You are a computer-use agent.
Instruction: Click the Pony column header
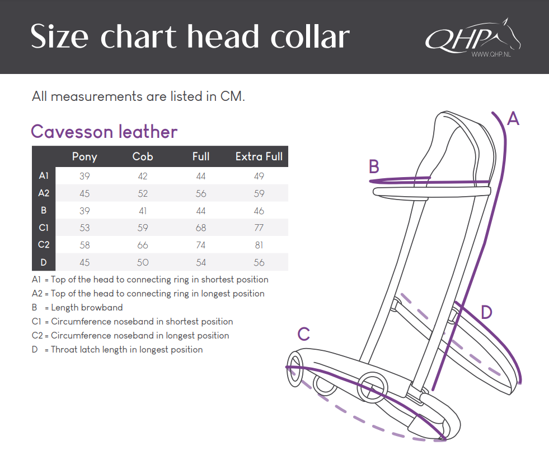pos(85,157)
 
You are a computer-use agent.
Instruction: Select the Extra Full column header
pos(259,156)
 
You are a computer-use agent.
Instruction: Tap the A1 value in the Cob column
pos(143,176)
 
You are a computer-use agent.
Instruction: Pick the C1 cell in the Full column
pos(200,228)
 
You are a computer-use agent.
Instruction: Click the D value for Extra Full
pos(259,262)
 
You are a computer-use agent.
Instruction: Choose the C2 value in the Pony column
pos(85,245)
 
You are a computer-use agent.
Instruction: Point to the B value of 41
pos(143,211)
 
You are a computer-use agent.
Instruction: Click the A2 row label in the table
pos(44,193)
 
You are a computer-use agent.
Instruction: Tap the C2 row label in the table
pos(44,245)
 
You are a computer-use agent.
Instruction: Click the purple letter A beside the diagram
pos(513,118)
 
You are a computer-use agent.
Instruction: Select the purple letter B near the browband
pos(374,166)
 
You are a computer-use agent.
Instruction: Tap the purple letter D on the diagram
pos(486,312)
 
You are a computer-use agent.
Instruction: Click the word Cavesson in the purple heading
pos(72,132)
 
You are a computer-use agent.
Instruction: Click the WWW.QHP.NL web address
pos(491,54)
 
